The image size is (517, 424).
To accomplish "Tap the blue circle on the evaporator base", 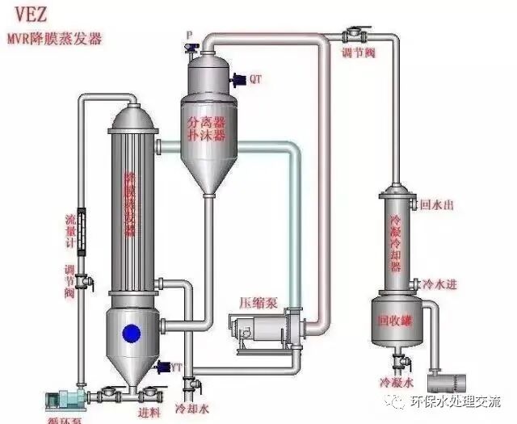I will coord(130,332).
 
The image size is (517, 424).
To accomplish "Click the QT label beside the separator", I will coord(255,79).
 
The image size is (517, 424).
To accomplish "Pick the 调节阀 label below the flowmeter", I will coord(69,279).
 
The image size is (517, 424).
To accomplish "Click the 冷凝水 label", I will coord(396,381).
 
